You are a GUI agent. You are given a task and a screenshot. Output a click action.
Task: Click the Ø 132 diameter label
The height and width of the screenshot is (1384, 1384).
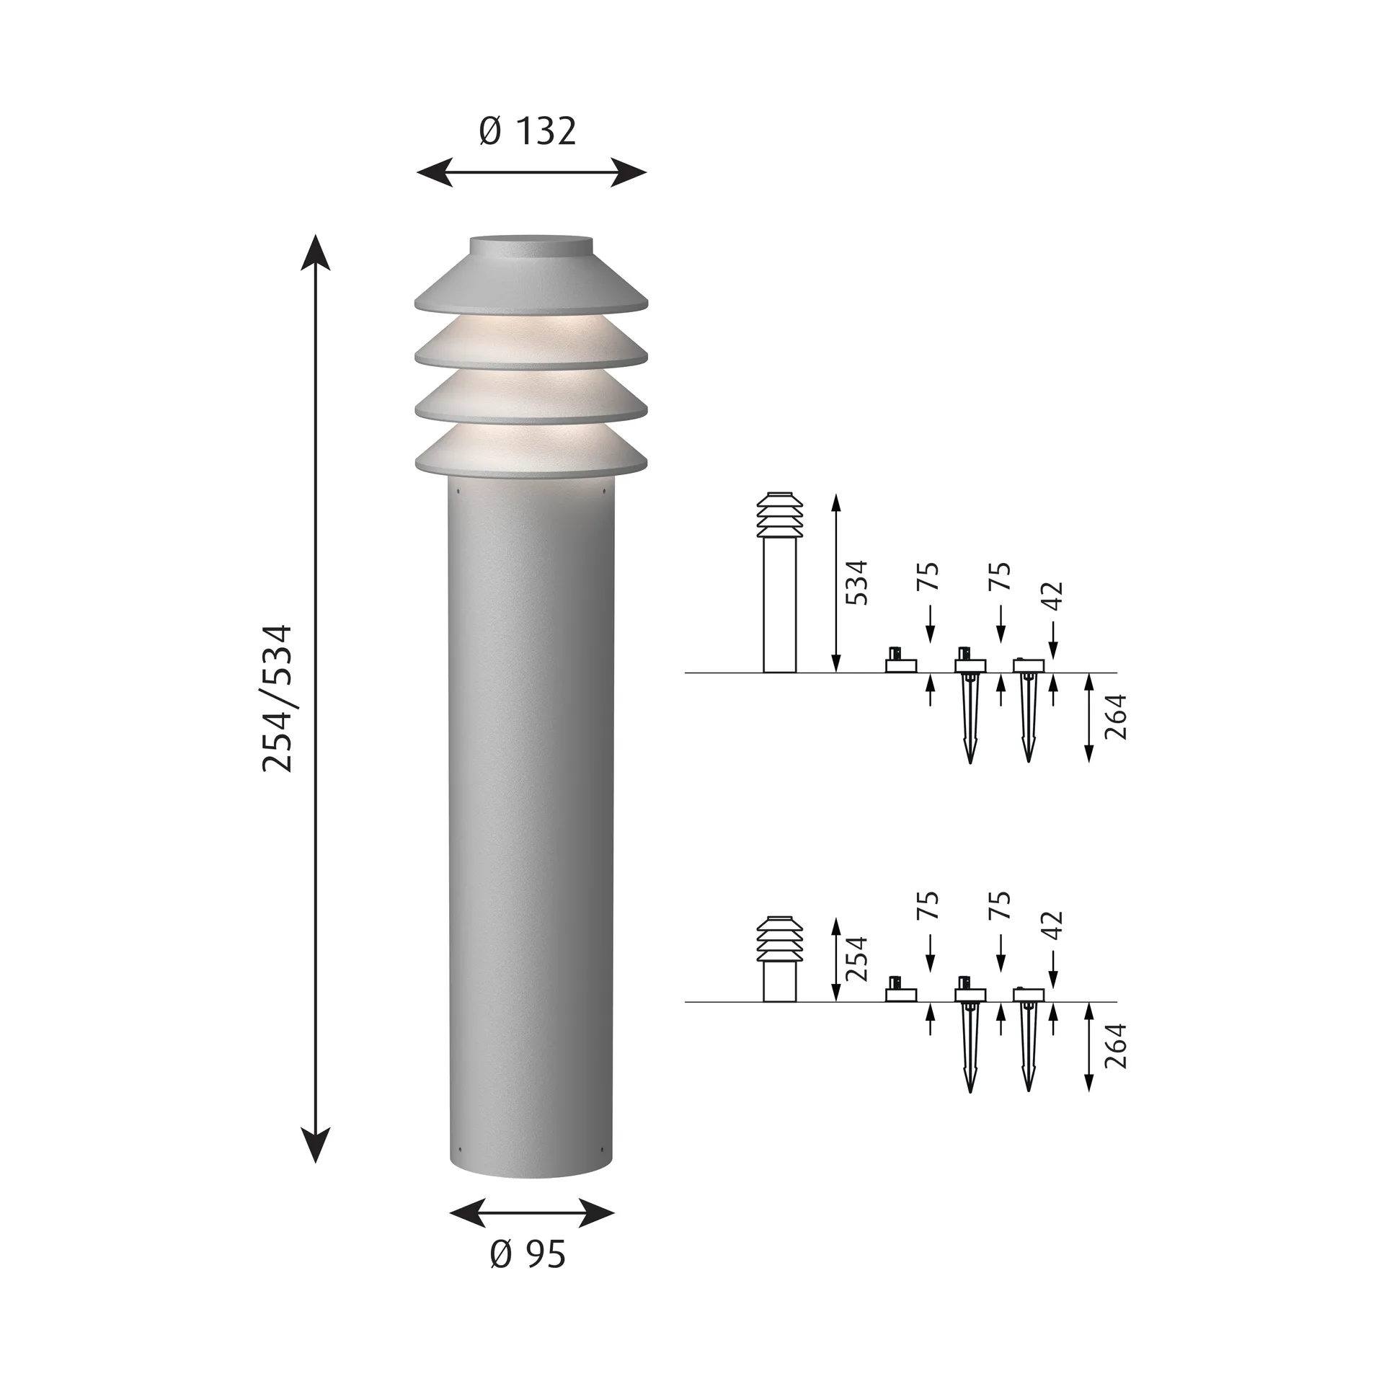[528, 132]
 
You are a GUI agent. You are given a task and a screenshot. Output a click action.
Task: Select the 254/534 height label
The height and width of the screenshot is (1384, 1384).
[278, 698]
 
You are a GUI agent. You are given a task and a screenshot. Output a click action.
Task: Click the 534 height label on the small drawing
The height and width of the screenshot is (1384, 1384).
[856, 582]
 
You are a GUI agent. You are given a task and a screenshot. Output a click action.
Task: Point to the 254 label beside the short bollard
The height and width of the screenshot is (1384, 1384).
[856, 959]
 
